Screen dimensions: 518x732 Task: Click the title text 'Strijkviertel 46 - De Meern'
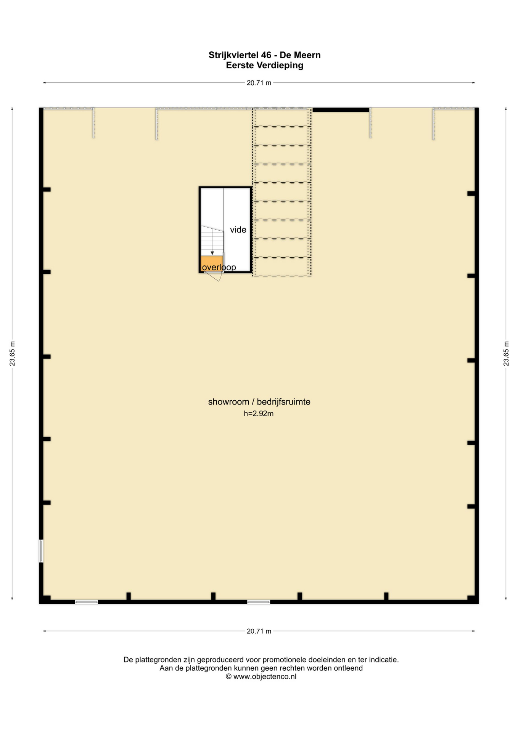coord(264,55)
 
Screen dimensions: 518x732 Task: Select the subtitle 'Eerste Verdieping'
coord(264,65)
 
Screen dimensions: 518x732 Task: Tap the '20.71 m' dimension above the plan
coord(259,83)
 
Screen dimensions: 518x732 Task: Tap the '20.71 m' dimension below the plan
coord(259,631)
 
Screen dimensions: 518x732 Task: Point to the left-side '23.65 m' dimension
coord(13,353)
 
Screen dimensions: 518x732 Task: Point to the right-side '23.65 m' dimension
coord(506,353)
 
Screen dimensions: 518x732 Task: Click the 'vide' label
coord(238,230)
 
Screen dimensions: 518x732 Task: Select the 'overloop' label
coord(219,267)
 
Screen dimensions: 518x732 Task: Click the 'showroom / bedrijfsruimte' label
coord(259,402)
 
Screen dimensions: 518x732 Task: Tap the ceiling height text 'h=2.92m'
coord(259,414)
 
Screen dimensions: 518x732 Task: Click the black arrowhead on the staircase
coord(212,253)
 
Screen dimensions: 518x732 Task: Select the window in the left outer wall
coord(41,551)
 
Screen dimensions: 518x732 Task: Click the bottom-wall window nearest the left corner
coord(86,602)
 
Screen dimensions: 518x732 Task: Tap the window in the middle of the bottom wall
coord(259,602)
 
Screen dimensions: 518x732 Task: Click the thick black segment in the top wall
coord(341,110)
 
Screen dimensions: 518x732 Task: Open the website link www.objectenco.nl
coord(265,677)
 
